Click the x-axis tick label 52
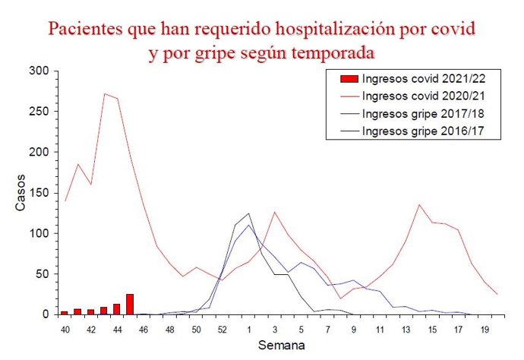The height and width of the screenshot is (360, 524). [222, 330]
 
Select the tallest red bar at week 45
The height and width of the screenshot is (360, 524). [130, 305]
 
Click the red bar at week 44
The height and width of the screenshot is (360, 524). [116, 309]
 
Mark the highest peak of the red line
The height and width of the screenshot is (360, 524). [104, 94]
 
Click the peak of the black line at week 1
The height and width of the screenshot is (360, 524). [248, 213]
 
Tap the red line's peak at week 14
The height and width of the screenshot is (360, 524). [419, 204]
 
